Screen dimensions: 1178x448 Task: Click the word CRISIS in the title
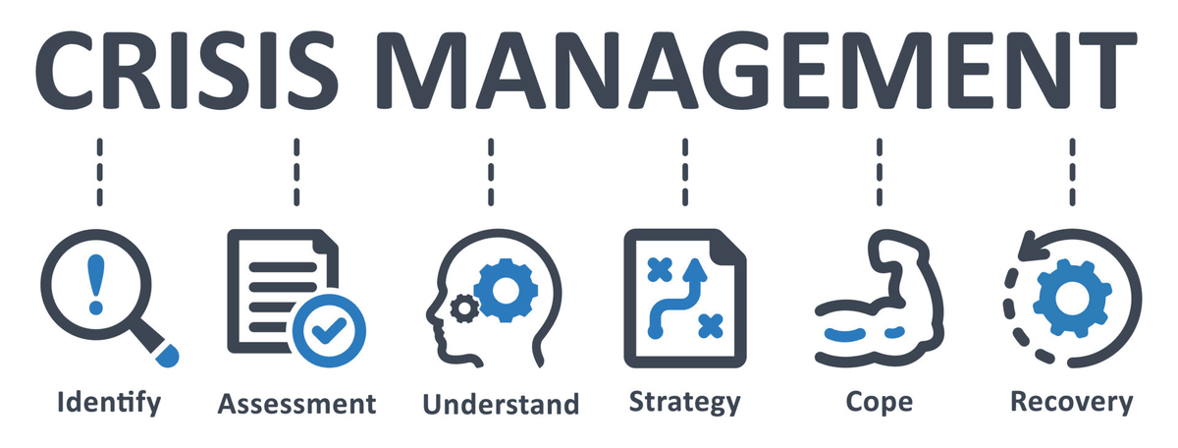coord(187,70)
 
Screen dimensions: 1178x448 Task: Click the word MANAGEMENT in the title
coord(756,70)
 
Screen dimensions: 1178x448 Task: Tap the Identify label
coord(109,403)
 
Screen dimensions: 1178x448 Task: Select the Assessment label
coord(297,405)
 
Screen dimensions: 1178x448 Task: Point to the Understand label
coord(501,405)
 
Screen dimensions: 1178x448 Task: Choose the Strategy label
coord(685,403)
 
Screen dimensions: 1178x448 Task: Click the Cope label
coord(880,403)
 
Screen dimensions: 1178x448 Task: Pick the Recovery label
coord(1072,403)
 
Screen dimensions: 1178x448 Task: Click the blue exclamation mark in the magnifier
coord(96,285)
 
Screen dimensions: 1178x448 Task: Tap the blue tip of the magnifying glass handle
coord(168,356)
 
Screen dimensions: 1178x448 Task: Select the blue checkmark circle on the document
coord(329,331)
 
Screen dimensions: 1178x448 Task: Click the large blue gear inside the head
coord(506,290)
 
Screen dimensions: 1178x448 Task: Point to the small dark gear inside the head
coord(463,308)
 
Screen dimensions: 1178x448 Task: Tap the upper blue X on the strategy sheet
coord(660,270)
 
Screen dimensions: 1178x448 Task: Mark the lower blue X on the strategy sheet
coord(711,326)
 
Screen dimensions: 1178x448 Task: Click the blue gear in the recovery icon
coord(1072,298)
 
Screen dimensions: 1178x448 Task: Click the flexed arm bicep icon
coord(880,298)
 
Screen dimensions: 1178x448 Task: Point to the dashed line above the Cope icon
coord(880,172)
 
